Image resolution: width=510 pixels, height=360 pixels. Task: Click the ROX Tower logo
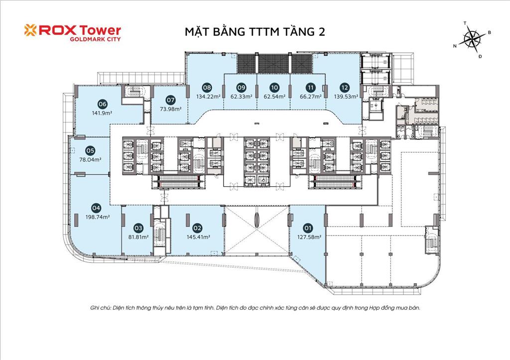[x=72, y=30]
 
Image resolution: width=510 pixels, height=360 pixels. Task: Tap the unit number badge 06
[x=103, y=104]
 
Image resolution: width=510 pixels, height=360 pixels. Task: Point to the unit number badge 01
[x=308, y=229]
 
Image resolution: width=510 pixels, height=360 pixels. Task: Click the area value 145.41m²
[x=198, y=237]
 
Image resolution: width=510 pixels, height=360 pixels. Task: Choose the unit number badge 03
[x=138, y=229]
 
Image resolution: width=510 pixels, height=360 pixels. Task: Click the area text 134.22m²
[x=207, y=97]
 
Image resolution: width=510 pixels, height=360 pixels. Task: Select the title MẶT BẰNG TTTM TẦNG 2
[x=252, y=32]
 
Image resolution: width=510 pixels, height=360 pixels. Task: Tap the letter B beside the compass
[x=490, y=32]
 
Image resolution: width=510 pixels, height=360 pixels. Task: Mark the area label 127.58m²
[x=309, y=238]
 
